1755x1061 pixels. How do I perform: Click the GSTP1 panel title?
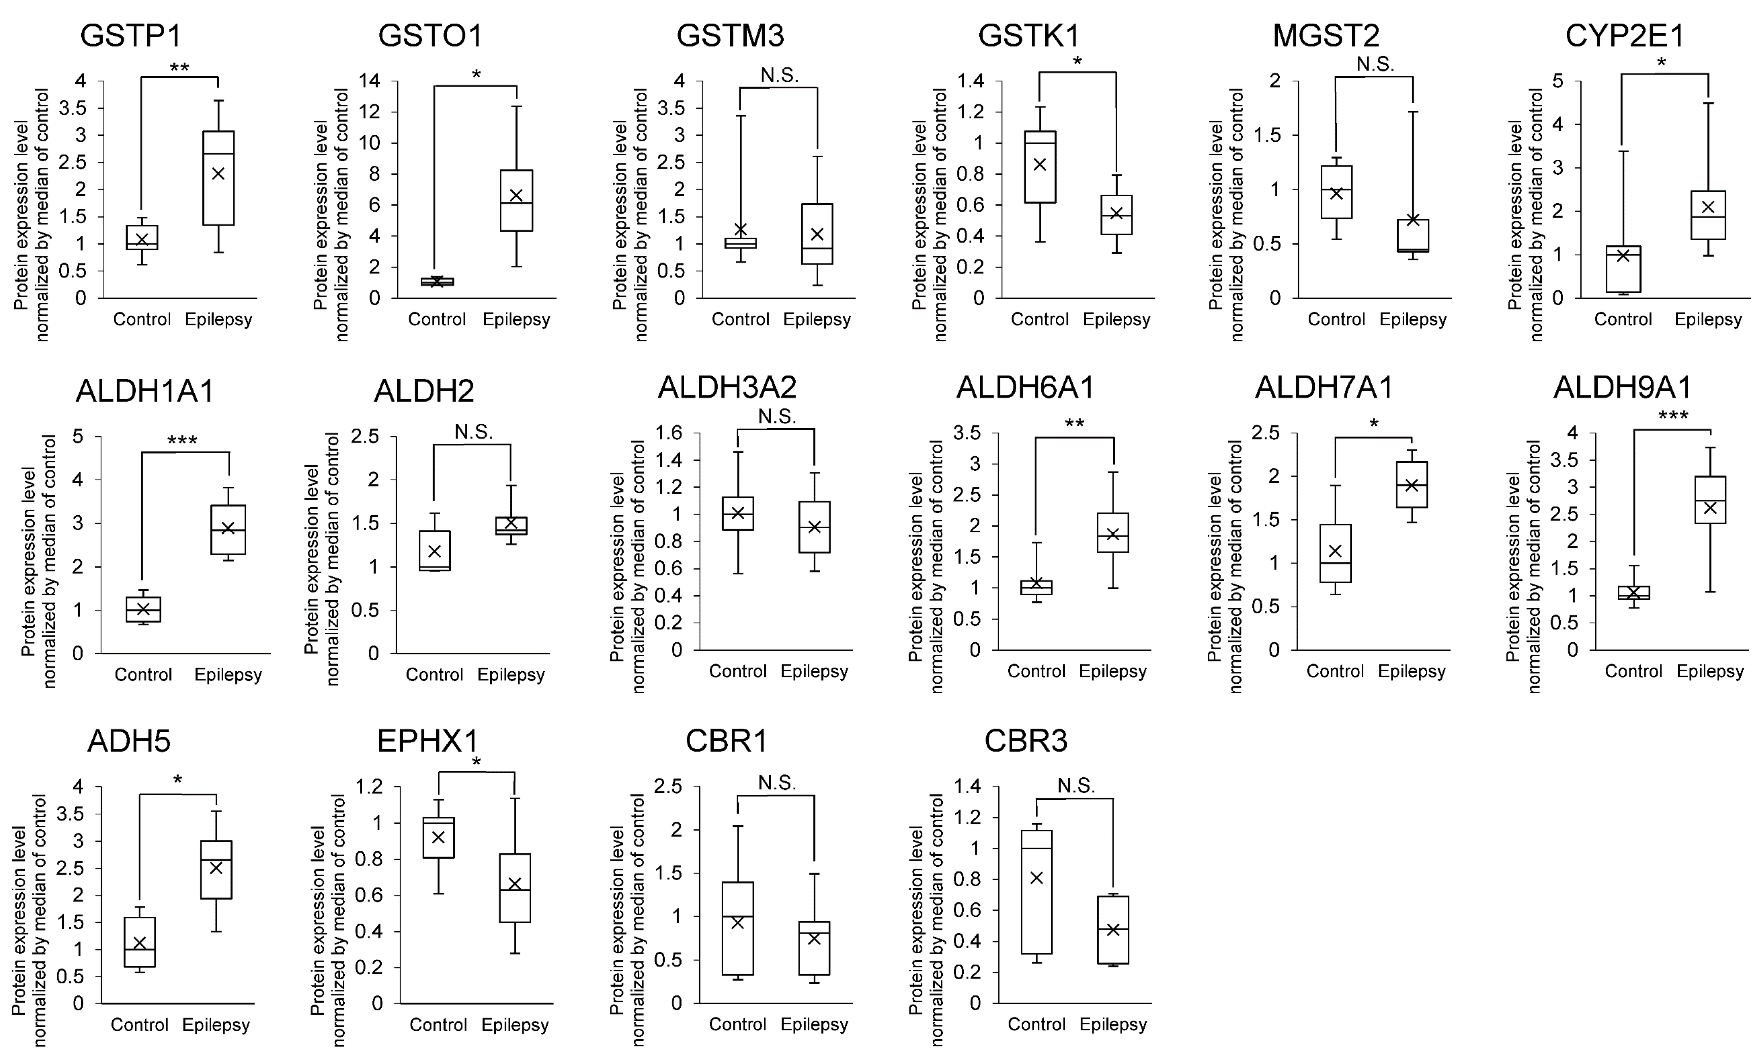point(131,36)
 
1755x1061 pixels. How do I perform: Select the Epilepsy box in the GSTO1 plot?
point(516,200)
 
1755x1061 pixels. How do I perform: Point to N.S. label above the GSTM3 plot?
point(779,75)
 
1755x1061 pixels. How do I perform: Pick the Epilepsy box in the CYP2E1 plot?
point(1708,214)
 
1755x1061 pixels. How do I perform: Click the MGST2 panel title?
point(1326,36)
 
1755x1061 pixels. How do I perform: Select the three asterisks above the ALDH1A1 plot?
point(183,441)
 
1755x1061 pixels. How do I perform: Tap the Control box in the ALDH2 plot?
point(435,551)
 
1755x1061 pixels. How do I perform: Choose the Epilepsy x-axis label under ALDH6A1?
point(1113,671)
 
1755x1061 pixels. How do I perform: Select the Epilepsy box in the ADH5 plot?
point(216,870)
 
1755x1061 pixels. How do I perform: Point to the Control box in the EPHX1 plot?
point(439,838)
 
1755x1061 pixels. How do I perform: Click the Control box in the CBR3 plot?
point(1037,892)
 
